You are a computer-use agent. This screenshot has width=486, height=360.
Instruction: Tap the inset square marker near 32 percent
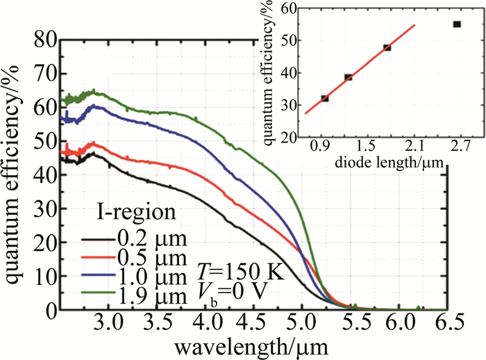coord(325,98)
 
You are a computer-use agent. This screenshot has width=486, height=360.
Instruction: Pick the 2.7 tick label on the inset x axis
coord(458,148)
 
